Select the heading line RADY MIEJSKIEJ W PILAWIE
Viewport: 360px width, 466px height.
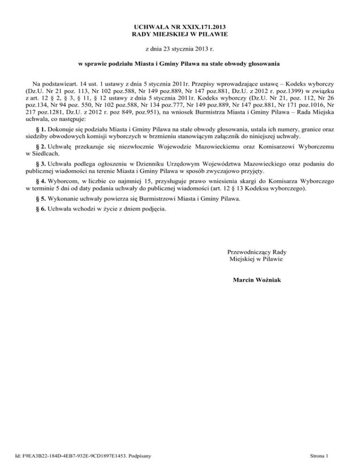pos(180,35)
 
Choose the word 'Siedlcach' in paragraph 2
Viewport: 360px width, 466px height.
pos(41,167)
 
